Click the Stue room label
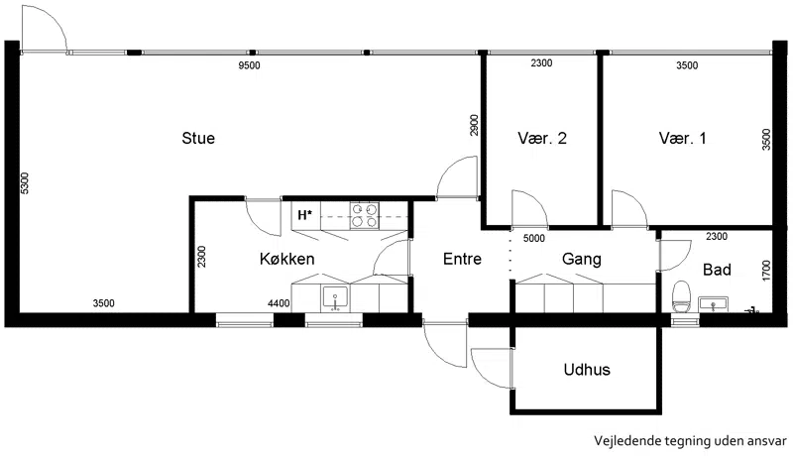coord(198,138)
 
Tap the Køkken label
coord(286,259)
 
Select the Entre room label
coord(462,259)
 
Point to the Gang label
coord(582,260)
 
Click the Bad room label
coord(717,270)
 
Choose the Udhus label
coord(587,370)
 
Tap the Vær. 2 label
coord(542,138)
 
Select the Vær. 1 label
coord(682,138)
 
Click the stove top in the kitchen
coord(365,215)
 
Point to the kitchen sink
coord(335,298)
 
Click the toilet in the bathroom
coord(681,296)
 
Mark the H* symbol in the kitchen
coord(304,215)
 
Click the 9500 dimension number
coord(250,65)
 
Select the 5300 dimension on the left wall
coord(25,183)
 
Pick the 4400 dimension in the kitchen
coord(279,303)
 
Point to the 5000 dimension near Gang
coord(534,238)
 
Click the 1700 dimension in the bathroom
coord(765,271)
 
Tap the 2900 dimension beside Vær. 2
coord(474,125)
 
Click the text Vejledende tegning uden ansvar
coord(690,441)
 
